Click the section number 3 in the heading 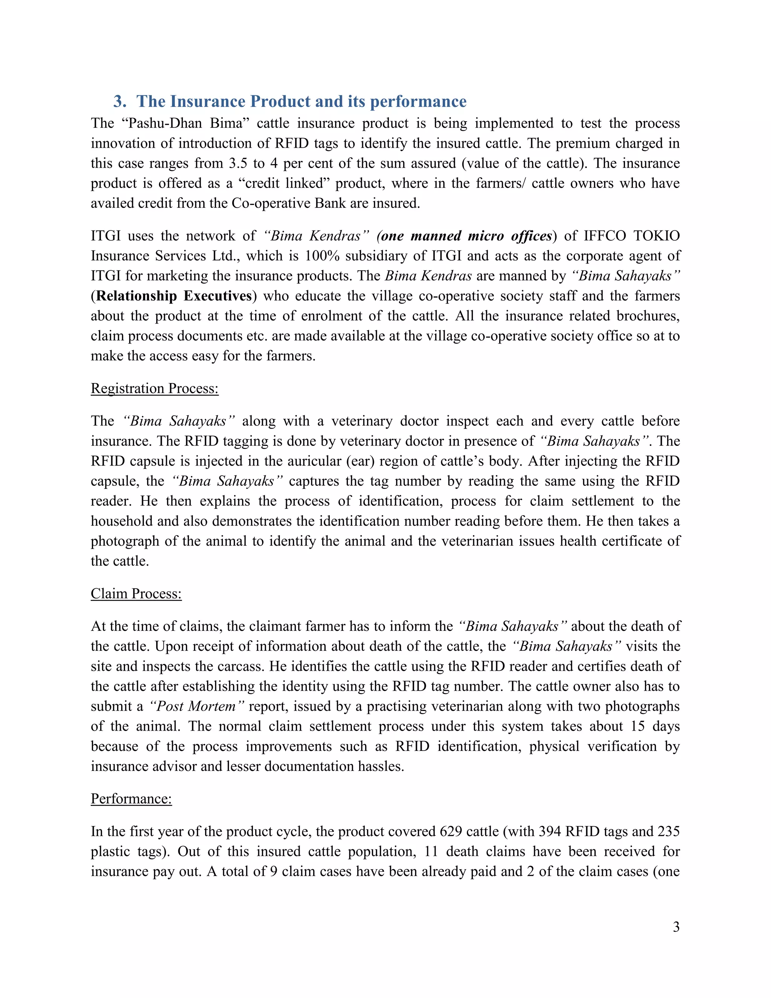tap(118, 101)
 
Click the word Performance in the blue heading tap(418, 101)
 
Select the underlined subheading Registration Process tap(154, 388)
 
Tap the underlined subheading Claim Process tap(136, 594)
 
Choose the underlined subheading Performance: tap(131, 799)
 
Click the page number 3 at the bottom tap(676, 927)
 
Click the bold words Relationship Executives tap(174, 296)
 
